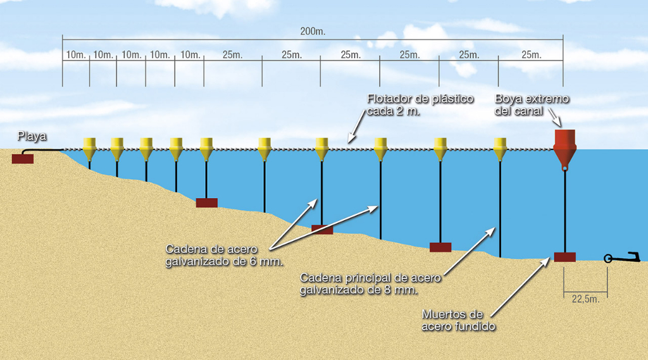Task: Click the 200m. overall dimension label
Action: point(313,30)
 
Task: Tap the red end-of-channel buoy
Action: point(564,147)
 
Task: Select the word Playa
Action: point(31,136)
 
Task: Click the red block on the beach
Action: point(23,159)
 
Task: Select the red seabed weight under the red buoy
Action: point(564,257)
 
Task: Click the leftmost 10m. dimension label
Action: point(76,55)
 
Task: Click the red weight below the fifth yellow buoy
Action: point(206,202)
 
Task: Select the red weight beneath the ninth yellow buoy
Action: point(440,247)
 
